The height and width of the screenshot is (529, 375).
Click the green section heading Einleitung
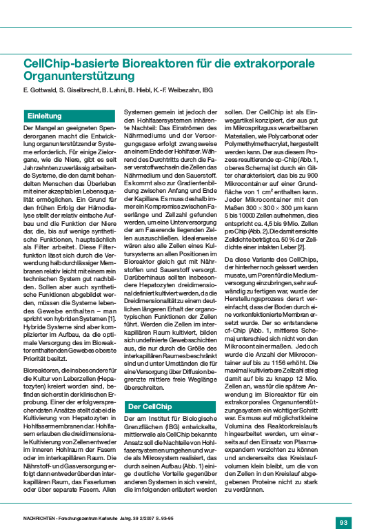(44, 116)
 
